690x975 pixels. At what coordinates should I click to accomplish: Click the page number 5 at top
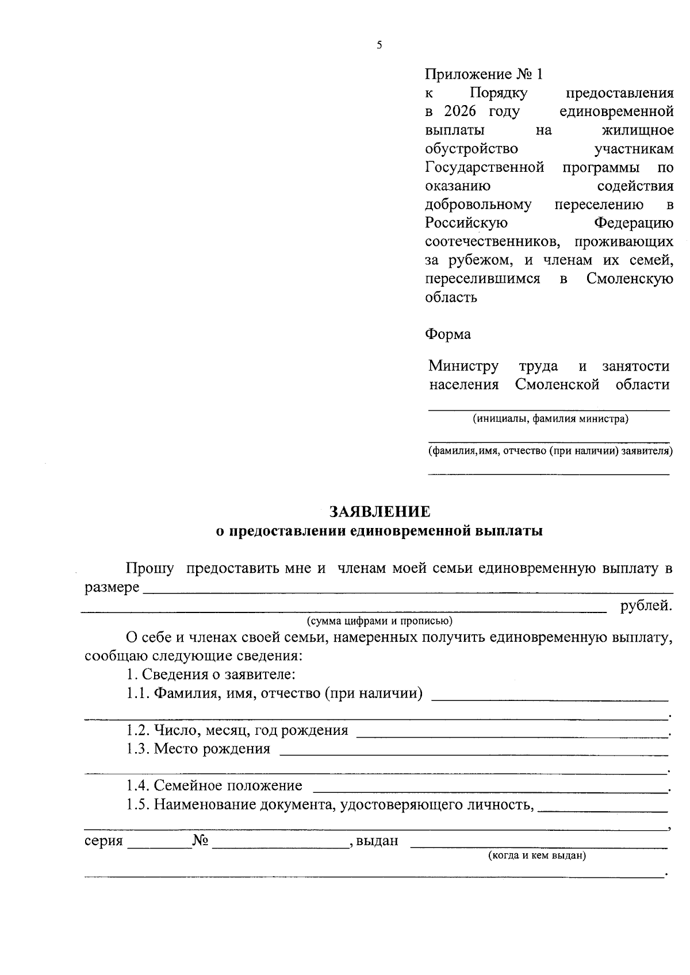click(x=379, y=45)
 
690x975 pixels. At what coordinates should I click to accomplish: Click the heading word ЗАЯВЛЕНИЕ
click(x=379, y=511)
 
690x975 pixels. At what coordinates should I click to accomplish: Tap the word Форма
click(x=448, y=334)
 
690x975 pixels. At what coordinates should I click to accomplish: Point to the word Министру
click(x=463, y=366)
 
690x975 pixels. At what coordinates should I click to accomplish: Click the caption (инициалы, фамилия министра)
click(x=550, y=419)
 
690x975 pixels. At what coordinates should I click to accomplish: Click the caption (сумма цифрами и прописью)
click(x=379, y=621)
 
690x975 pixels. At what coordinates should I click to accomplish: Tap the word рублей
click(x=646, y=606)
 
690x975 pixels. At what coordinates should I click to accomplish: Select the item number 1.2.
click(x=138, y=731)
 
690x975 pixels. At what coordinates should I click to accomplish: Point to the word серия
click(x=103, y=841)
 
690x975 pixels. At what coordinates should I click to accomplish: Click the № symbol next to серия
click(x=200, y=841)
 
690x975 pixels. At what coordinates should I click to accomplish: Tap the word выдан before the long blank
click(x=377, y=841)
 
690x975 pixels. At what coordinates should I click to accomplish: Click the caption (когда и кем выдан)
click(x=536, y=856)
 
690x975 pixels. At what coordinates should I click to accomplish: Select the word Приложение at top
click(x=468, y=75)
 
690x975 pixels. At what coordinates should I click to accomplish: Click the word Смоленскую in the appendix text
click(x=630, y=279)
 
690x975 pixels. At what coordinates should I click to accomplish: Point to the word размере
click(x=112, y=588)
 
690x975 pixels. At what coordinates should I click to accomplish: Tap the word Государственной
click(x=484, y=168)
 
